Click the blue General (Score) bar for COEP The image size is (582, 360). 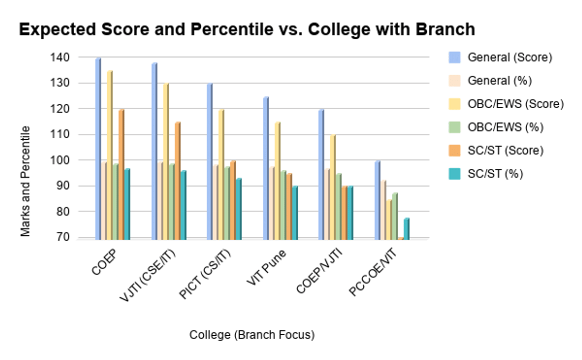(x=98, y=148)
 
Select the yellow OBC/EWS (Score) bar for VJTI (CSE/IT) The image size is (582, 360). (x=166, y=160)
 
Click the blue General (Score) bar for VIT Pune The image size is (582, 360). (x=266, y=167)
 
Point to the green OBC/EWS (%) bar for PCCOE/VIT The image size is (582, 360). (x=395, y=215)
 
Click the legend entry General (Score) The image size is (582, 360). (x=510, y=57)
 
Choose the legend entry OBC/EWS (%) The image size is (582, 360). (x=505, y=127)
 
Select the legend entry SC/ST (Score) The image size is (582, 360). (x=505, y=150)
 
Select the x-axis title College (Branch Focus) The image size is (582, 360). (x=252, y=335)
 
